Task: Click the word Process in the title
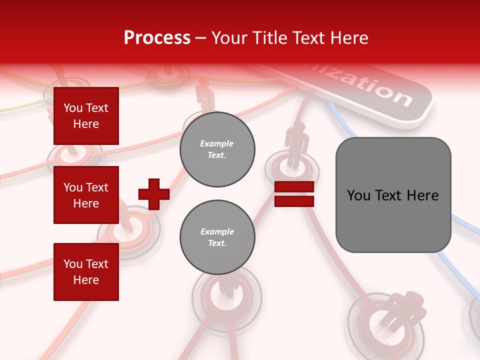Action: [x=157, y=38]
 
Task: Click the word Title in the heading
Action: [x=270, y=38]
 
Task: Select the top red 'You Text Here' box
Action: [x=86, y=116]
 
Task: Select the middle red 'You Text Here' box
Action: [x=86, y=195]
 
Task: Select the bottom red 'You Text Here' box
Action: [x=86, y=271]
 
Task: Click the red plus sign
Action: [x=153, y=194]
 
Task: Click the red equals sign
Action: [x=294, y=194]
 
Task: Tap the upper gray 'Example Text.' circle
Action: [x=217, y=149]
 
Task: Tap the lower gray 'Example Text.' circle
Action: [x=217, y=237]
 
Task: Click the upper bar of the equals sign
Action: [x=294, y=187]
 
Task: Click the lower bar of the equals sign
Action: [x=294, y=201]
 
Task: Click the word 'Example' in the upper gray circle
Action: [x=217, y=143]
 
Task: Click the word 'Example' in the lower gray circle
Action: [x=217, y=231]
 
